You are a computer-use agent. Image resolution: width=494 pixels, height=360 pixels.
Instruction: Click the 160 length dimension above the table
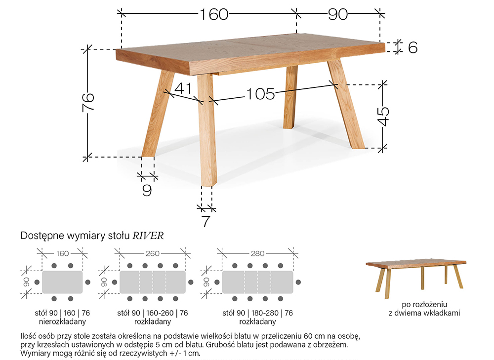214,14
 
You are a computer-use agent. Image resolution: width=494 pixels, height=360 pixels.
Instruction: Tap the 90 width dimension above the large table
338,14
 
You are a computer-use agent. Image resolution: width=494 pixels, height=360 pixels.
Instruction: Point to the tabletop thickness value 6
412,47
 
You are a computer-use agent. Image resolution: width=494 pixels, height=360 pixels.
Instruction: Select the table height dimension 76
88,101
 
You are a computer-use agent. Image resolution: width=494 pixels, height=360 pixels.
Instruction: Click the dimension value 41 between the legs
183,88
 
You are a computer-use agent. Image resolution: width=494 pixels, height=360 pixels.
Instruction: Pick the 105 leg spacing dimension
260,94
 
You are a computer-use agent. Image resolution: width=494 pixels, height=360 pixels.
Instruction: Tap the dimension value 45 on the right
383,116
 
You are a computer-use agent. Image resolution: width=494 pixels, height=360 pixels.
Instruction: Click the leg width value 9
147,190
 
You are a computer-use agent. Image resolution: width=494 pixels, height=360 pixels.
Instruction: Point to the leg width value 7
206,221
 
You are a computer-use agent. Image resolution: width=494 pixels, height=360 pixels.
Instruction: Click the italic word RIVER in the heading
148,236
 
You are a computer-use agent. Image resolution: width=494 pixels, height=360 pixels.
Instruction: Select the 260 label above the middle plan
153,253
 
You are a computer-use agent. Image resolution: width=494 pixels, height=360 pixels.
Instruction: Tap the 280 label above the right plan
257,253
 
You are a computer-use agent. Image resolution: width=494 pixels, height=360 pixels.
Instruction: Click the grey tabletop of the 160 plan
62,282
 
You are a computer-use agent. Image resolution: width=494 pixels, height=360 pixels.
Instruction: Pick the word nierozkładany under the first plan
62,321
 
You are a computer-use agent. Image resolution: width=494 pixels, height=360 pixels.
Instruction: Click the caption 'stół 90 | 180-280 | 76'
257,313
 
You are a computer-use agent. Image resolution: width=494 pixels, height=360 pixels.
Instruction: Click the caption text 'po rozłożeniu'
424,305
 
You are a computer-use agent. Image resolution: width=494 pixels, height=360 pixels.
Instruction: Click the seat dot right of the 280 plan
298,282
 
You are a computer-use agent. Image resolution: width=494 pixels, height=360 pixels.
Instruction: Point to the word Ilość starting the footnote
29,336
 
